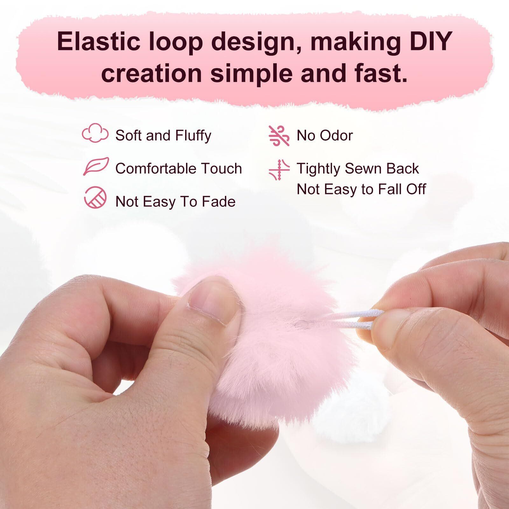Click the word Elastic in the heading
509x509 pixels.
(x=96, y=42)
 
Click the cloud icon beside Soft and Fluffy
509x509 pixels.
(x=95, y=133)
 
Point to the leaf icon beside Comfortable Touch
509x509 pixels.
(x=96, y=166)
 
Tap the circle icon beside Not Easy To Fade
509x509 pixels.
(x=95, y=197)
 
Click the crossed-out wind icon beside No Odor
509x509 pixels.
(x=279, y=136)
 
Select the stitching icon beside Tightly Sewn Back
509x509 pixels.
(x=279, y=170)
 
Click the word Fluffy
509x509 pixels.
(x=193, y=136)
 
